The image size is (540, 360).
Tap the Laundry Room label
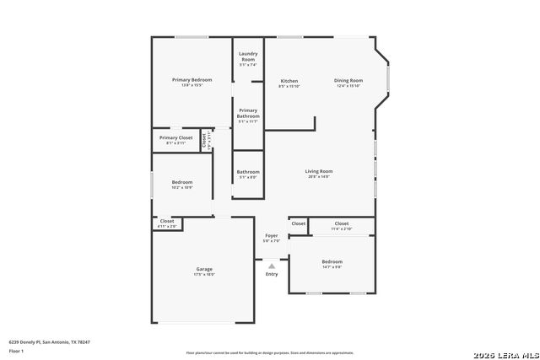[x=247, y=56]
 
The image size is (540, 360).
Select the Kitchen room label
[x=289, y=81]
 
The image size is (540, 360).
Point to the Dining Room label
[x=348, y=80]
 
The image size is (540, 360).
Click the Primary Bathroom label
[x=248, y=113]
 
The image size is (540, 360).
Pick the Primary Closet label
[x=175, y=137]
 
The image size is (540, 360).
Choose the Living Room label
[x=319, y=171]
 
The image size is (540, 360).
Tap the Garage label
[x=204, y=269]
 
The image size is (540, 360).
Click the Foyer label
[x=272, y=235]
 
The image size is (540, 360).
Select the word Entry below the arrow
[x=272, y=274]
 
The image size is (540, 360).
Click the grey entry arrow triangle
[x=272, y=265]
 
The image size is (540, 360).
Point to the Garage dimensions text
[x=204, y=275]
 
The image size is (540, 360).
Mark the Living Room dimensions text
[x=319, y=177]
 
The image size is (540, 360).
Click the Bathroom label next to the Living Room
[x=248, y=172]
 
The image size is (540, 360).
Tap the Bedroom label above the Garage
[x=182, y=181]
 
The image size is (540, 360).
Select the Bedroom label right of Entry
[x=332, y=261]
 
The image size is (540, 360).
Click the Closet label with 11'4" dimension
[x=341, y=223]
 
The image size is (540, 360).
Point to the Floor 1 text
[x=16, y=351]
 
